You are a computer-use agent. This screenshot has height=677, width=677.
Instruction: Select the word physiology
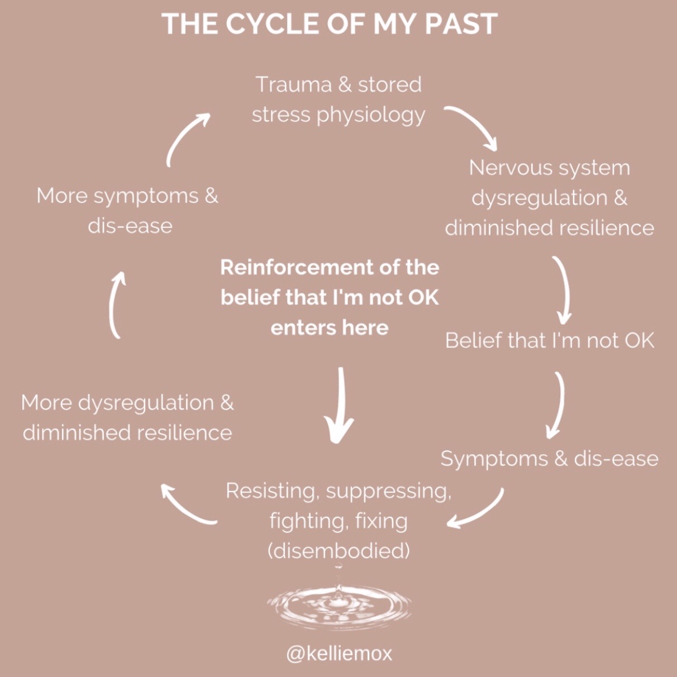pyautogui.click(x=371, y=116)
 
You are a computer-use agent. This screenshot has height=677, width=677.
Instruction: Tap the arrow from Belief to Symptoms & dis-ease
pyautogui.click(x=561, y=404)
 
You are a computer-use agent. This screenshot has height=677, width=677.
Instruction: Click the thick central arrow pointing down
pyautogui.click(x=340, y=404)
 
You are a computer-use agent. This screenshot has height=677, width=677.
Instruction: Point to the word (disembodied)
pyautogui.click(x=338, y=551)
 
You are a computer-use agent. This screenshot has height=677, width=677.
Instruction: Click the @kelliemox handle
pyautogui.click(x=338, y=654)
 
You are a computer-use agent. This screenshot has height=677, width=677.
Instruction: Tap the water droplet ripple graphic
pyautogui.click(x=338, y=604)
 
